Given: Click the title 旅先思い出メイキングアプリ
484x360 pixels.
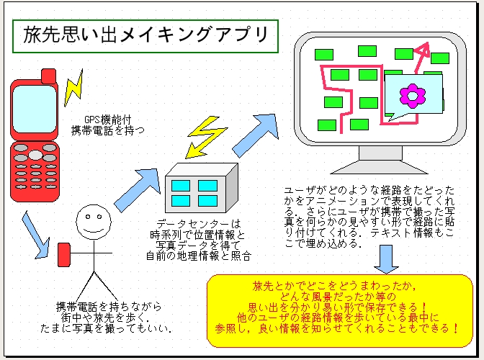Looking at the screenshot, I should (143, 36).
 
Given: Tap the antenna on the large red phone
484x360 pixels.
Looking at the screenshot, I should (49, 75).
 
